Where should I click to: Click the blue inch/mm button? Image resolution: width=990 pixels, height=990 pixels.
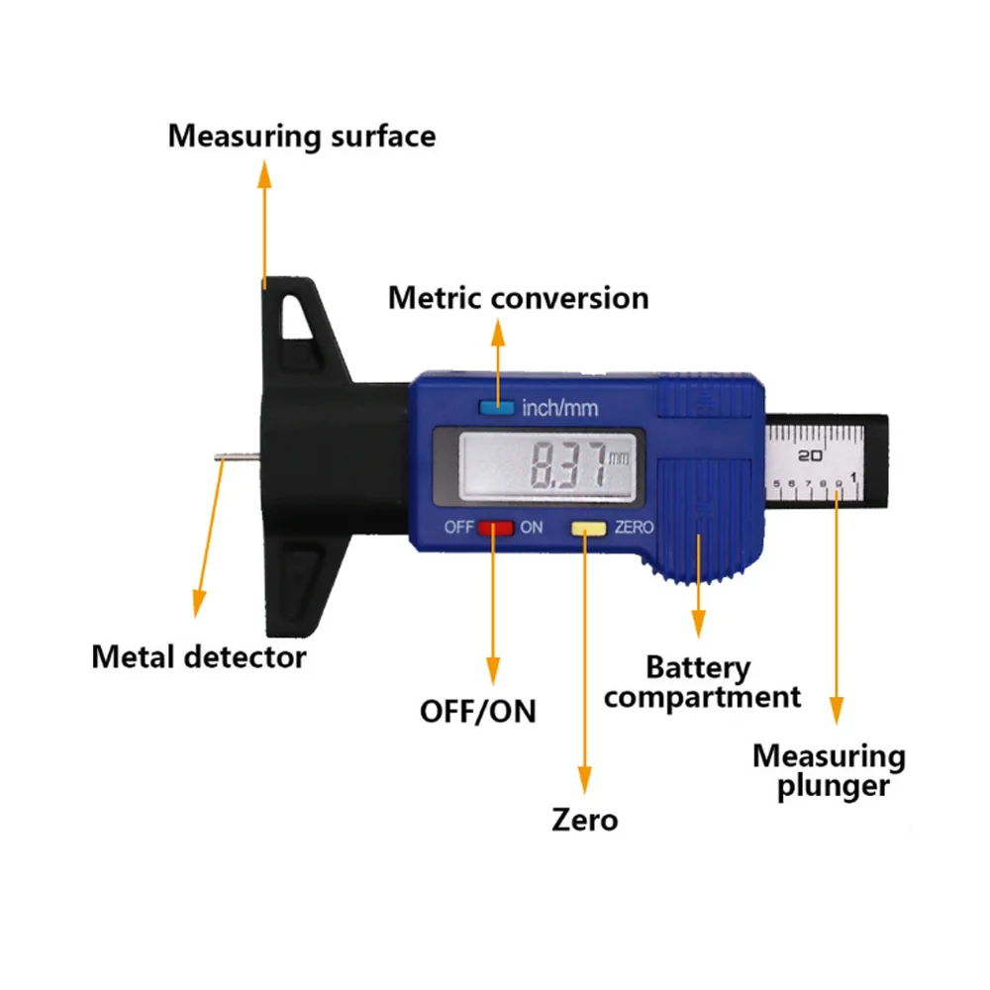coord(496,406)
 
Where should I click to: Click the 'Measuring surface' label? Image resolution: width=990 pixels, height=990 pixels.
coord(301,136)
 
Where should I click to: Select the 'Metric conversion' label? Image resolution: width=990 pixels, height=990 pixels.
coord(518,298)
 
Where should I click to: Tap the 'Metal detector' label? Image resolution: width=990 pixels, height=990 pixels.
coord(199,655)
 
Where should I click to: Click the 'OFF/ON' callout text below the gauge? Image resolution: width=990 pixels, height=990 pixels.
coord(478,711)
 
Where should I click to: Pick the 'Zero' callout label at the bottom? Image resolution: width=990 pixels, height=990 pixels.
coord(584,820)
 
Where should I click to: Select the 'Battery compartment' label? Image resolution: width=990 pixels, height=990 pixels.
coord(702,682)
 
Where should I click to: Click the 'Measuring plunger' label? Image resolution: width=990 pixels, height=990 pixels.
coord(829,771)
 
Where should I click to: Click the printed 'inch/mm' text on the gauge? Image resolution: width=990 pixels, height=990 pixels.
coord(559,408)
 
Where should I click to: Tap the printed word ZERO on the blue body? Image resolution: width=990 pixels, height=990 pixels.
coord(634,528)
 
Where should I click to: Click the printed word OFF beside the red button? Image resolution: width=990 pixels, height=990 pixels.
coord(459,527)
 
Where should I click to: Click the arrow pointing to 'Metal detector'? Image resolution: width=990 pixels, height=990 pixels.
coord(208,535)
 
